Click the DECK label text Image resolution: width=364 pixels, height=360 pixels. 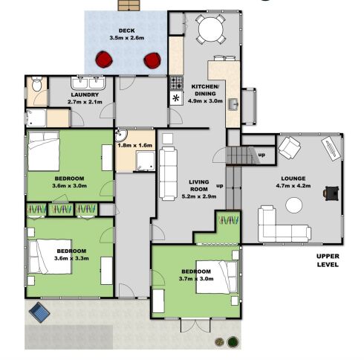point(126,30)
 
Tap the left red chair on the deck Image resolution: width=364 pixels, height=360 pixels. point(104,60)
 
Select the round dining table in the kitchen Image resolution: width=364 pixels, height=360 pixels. point(211,29)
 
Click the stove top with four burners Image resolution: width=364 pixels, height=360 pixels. point(176,83)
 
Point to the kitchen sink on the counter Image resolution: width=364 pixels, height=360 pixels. point(233,104)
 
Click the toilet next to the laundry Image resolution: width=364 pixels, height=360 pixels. point(37,83)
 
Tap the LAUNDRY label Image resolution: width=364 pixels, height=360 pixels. point(85,94)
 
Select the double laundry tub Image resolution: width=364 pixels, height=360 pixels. point(88,83)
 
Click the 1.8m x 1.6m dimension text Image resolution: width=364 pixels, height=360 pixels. point(134,145)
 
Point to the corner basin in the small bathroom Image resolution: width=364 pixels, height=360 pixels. point(120,135)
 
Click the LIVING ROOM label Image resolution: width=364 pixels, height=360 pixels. point(199,185)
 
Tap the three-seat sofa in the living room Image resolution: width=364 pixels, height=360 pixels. point(168,173)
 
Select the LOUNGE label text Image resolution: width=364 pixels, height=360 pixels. point(293,179)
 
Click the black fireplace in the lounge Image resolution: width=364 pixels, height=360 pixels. point(331,193)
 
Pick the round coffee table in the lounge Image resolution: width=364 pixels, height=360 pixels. point(294,205)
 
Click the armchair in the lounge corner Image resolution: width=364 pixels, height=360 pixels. point(289,148)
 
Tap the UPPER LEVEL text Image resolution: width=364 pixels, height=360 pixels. point(328,260)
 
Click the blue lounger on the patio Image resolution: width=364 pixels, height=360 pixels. point(39,312)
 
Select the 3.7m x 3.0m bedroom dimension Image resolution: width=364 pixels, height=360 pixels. point(196,279)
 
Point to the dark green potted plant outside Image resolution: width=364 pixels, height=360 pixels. point(233,342)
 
